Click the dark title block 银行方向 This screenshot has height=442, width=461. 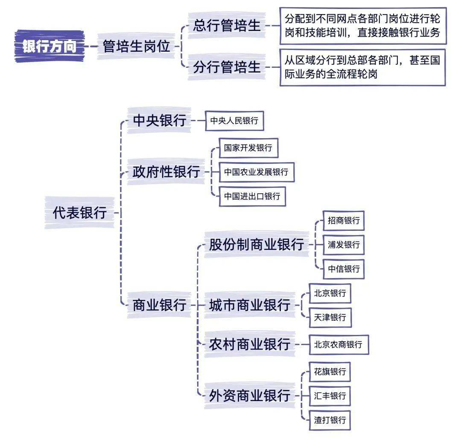pos(50,46)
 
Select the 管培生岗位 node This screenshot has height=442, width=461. pos(136,46)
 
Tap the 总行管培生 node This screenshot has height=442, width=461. pos(227,25)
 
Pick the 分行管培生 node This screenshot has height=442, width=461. pos(227,67)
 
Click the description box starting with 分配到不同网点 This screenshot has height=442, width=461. pos(363,26)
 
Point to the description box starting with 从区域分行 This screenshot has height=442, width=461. pos(362,67)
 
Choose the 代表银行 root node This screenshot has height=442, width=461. pos(79,212)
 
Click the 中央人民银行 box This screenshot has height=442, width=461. pos(234,120)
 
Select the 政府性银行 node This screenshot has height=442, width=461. pos(166,172)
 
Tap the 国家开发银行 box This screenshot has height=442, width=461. pos(248,148)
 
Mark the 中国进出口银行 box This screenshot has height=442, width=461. pos(252,196)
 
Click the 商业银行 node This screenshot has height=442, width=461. pos(159,305)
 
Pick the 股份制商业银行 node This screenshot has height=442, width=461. pos(257,244)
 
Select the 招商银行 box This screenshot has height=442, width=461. pos(343,221)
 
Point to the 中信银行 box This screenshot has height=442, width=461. pos(343,269)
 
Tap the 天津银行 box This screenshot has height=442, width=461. pos(330,317)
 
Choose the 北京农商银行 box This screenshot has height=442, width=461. pos(338,344)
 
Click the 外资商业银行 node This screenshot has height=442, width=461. pos(250,395)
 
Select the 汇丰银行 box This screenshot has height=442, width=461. pos(330,396)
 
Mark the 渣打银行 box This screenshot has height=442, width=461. pos(330,420)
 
